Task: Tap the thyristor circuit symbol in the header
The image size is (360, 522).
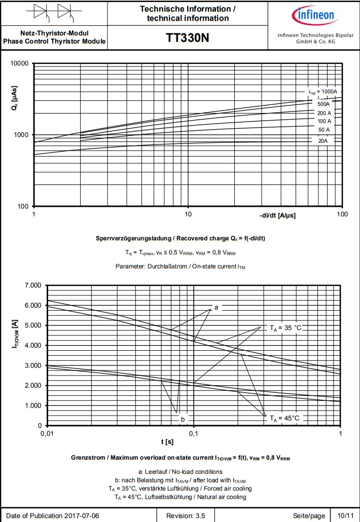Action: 53,12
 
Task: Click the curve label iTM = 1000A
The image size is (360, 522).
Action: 322,92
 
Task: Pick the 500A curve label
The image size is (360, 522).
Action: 323,103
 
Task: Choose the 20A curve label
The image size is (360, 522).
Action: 323,140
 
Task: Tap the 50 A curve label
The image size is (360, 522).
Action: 323,130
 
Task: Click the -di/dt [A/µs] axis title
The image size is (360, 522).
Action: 277,215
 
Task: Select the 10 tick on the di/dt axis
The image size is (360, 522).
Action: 188,214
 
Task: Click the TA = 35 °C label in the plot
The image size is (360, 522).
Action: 285,328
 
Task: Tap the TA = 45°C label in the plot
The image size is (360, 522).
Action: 284,418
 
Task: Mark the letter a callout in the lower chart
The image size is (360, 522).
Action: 216,307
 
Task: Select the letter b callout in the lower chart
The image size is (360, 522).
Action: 183,419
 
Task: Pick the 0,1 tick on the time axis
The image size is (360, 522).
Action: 194,433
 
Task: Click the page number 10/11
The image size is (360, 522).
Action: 345,515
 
